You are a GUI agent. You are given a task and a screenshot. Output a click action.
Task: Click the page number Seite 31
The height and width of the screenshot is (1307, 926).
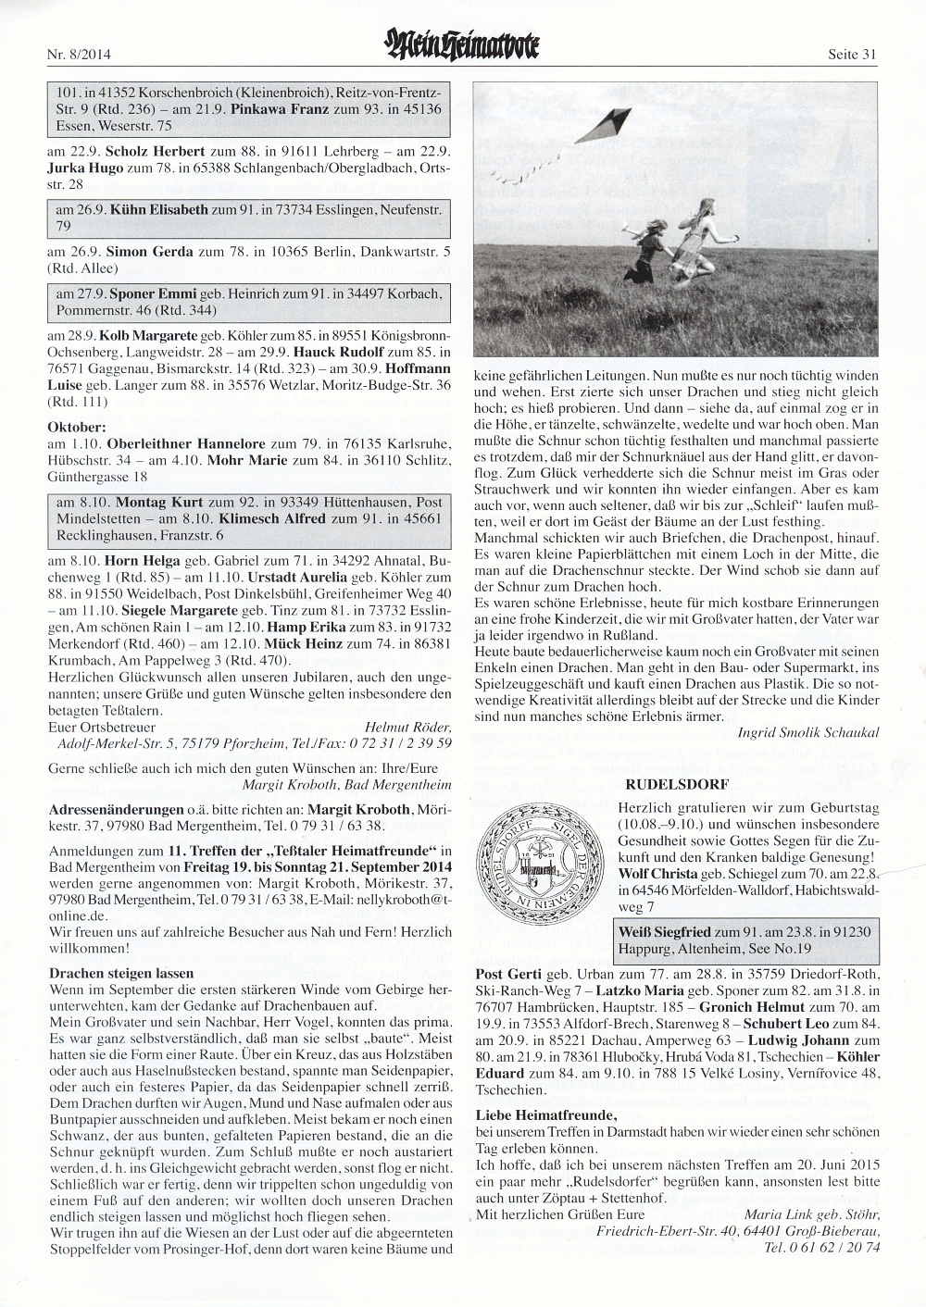pos(851,55)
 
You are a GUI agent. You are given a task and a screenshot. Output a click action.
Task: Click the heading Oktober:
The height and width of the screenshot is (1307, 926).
pos(76,428)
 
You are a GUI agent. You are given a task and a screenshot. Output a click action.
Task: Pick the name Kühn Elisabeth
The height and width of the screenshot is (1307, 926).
pos(158,210)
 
